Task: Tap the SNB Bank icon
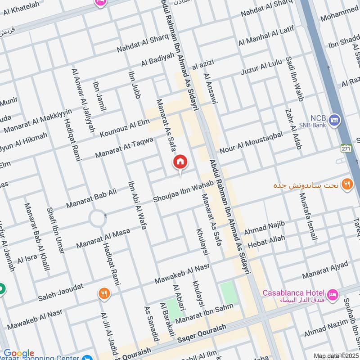point(334,120)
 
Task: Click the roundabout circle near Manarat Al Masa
point(98,219)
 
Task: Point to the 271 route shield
point(345,148)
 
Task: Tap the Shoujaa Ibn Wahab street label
point(183,192)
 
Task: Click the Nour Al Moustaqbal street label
point(251,143)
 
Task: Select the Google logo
point(18,353)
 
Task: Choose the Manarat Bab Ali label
point(91,198)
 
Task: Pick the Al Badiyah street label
point(157,58)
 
